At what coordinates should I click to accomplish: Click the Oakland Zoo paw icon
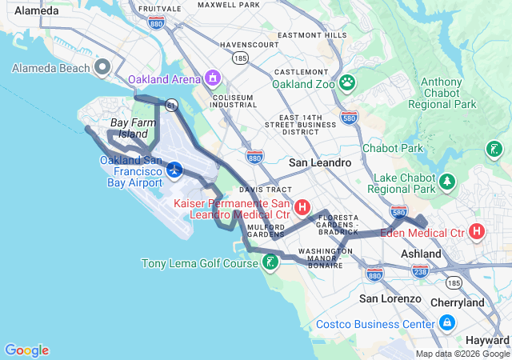click(x=347, y=82)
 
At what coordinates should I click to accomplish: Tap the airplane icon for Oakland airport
click(x=175, y=170)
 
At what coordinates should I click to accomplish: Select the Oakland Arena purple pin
click(x=213, y=78)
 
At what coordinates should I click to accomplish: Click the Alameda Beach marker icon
click(x=102, y=68)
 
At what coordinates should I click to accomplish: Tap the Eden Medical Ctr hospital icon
click(x=477, y=232)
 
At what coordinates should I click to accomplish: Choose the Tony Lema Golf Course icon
click(x=271, y=262)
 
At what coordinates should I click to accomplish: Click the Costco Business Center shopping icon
click(x=446, y=323)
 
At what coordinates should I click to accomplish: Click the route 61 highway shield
click(x=171, y=105)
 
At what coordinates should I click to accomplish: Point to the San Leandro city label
click(x=320, y=162)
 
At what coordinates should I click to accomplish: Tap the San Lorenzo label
click(x=390, y=298)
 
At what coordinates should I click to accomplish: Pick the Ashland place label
click(x=421, y=254)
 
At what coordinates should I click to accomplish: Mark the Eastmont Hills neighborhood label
click(x=312, y=35)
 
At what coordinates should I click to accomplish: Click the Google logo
click(x=26, y=350)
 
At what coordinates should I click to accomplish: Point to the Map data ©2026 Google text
click(x=462, y=354)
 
